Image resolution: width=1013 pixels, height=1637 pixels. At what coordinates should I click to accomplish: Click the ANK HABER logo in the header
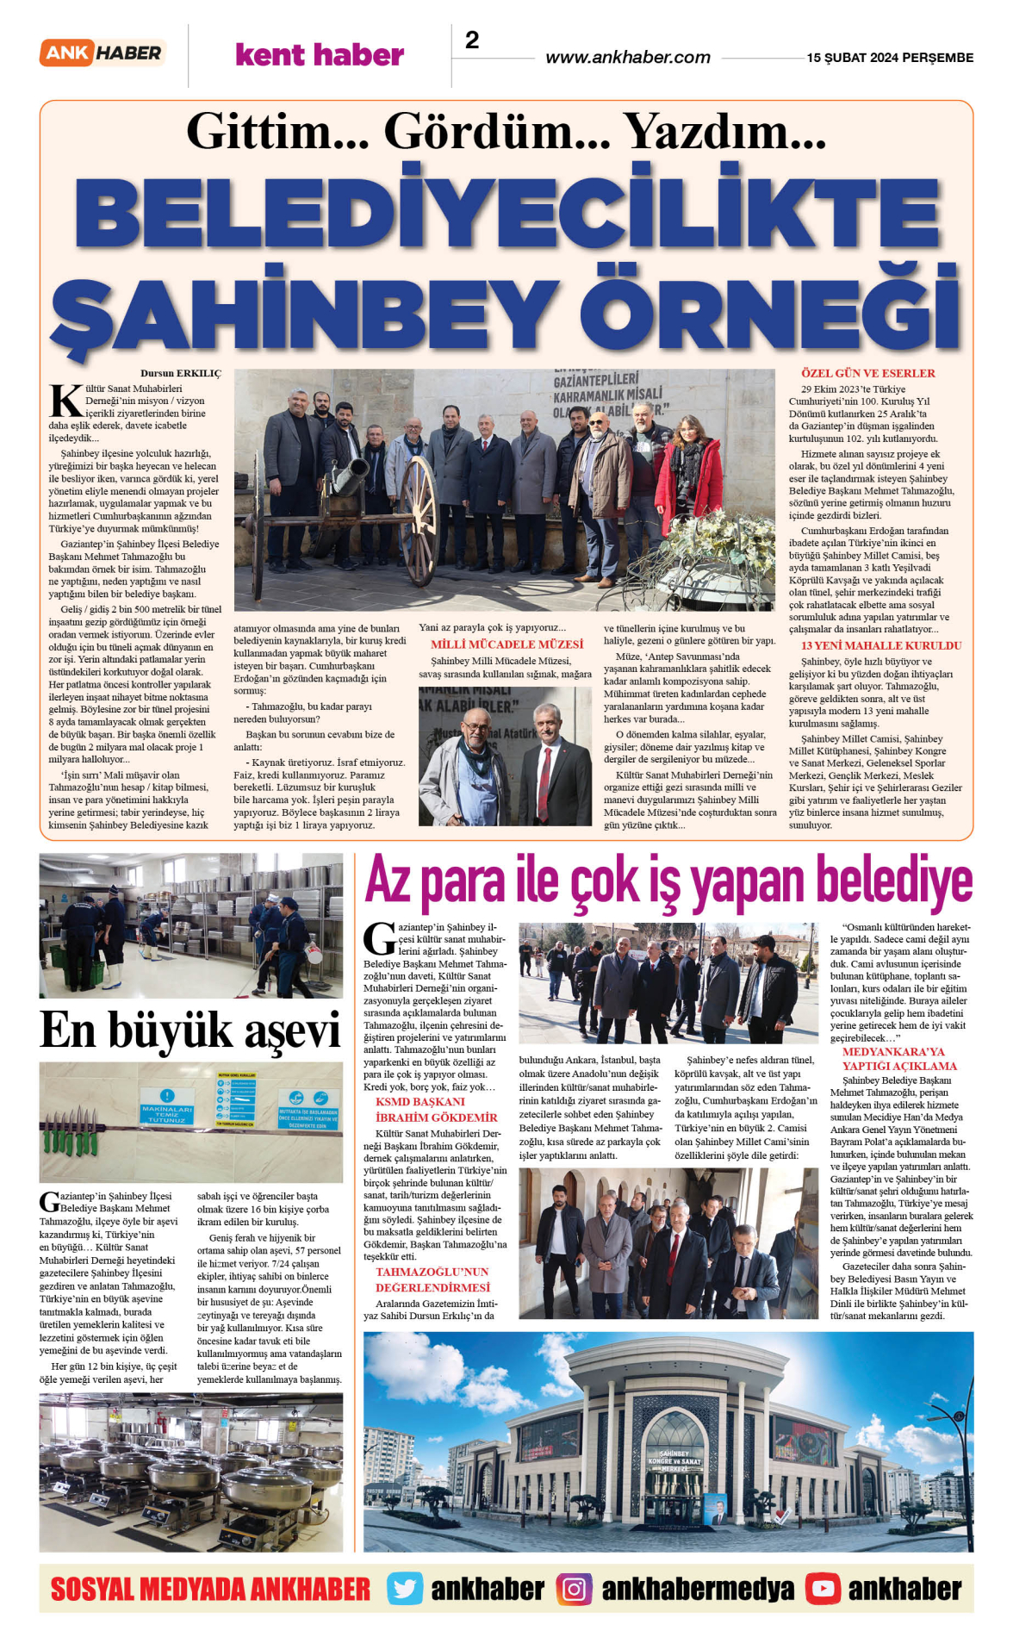102,53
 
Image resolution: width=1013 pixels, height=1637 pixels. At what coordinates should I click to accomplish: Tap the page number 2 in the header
472,40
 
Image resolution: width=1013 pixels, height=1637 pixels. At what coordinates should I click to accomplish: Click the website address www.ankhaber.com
628,58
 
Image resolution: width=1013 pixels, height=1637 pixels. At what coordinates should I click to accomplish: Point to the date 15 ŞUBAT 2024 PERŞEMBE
890,58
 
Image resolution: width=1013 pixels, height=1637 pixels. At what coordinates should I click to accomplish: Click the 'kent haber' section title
320,55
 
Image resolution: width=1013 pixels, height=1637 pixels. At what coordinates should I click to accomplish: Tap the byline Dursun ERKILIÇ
181,373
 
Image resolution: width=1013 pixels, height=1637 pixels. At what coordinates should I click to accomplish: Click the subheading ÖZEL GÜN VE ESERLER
867,373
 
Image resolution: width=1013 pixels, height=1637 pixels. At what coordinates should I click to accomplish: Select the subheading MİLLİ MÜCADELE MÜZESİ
506,644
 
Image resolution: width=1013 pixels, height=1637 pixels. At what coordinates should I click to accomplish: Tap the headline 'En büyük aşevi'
190,1030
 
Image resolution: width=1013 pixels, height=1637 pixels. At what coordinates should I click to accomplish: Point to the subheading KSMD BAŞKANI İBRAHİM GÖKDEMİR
436,1110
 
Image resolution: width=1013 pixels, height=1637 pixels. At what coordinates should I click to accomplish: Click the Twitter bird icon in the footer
405,1590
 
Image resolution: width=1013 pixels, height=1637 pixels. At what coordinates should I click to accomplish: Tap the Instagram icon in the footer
574,1590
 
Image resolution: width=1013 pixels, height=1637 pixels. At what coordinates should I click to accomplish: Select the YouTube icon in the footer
823,1590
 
